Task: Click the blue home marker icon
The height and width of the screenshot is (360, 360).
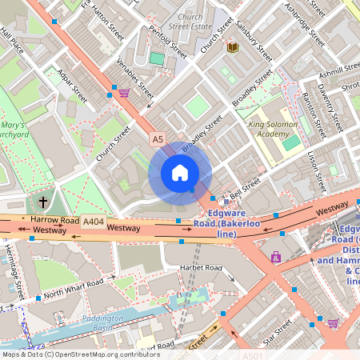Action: click(x=180, y=172)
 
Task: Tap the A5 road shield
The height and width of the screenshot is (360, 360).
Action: click(x=158, y=140)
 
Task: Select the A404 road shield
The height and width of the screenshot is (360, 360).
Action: click(x=93, y=221)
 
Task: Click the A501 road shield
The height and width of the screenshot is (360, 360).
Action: click(x=252, y=354)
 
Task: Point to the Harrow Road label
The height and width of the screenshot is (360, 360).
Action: click(x=54, y=219)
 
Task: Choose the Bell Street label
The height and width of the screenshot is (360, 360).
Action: click(x=245, y=186)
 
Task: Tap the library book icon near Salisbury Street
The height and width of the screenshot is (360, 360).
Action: click(x=233, y=48)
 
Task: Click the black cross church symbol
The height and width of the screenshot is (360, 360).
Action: click(x=42, y=201)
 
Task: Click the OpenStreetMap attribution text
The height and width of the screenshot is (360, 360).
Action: click(x=80, y=354)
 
